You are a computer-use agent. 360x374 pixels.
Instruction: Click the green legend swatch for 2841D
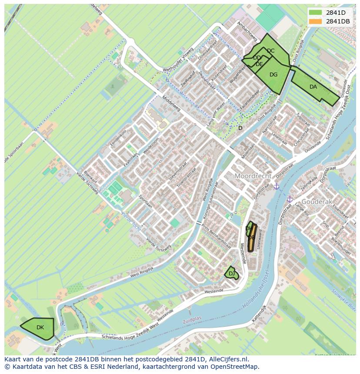316,13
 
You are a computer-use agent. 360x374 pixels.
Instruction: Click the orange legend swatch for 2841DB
316,21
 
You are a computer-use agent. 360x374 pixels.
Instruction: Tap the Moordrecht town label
253,176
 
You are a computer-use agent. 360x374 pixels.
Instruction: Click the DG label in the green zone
273,75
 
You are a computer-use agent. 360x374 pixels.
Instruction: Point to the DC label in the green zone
270,51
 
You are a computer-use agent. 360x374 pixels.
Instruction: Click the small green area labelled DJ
231,273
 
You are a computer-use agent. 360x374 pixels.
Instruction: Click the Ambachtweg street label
247,33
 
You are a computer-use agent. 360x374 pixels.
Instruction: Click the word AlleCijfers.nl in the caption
228,359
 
